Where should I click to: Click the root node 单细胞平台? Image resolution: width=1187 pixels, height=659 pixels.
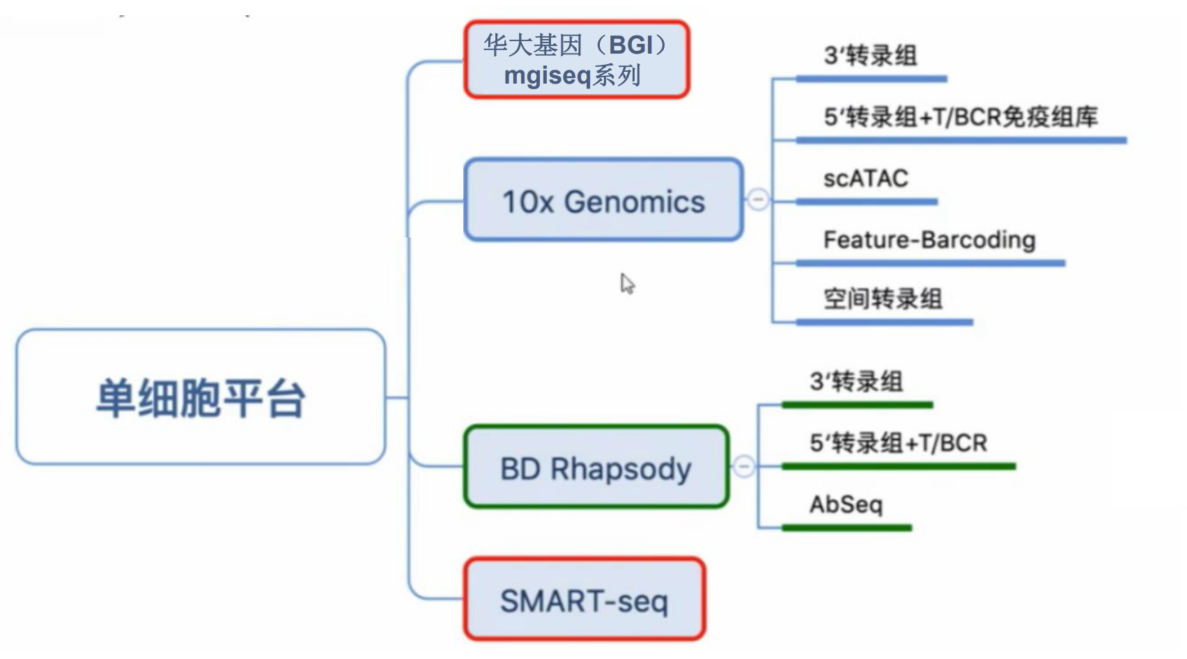[x=201, y=397]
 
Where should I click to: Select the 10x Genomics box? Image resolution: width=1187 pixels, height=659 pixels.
[x=603, y=200]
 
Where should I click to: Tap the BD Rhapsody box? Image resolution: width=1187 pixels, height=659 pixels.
[x=596, y=467]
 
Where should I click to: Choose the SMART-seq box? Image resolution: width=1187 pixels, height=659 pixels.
[x=584, y=598]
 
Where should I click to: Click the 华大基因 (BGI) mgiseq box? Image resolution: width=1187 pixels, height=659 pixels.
[x=577, y=59]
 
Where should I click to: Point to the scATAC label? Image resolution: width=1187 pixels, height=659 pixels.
[x=866, y=178]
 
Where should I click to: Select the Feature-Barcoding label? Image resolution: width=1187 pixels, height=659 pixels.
[x=929, y=240]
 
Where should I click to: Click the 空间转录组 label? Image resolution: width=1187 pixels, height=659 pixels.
[x=883, y=299]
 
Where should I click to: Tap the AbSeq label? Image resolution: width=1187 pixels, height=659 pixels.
[x=846, y=504]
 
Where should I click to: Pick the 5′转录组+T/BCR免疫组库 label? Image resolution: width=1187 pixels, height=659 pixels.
[x=961, y=116]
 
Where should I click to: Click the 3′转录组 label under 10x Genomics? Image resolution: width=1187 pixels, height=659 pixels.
[x=870, y=56]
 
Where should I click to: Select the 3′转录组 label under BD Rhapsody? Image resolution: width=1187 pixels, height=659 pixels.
[x=856, y=382]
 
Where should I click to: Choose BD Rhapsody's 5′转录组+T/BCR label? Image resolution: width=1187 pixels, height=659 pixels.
[x=898, y=443]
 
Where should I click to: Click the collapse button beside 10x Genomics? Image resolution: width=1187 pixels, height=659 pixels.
[x=758, y=200]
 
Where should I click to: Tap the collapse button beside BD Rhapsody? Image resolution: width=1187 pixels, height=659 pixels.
[x=744, y=466]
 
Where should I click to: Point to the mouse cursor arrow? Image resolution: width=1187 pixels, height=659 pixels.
[x=627, y=284]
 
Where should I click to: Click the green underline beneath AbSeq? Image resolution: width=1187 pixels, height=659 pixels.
[x=847, y=527]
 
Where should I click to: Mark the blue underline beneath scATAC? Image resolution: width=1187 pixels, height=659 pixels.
[x=867, y=202]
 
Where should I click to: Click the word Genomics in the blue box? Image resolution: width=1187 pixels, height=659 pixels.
[x=635, y=202]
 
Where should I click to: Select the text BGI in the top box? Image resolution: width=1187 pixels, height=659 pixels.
[x=630, y=45]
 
